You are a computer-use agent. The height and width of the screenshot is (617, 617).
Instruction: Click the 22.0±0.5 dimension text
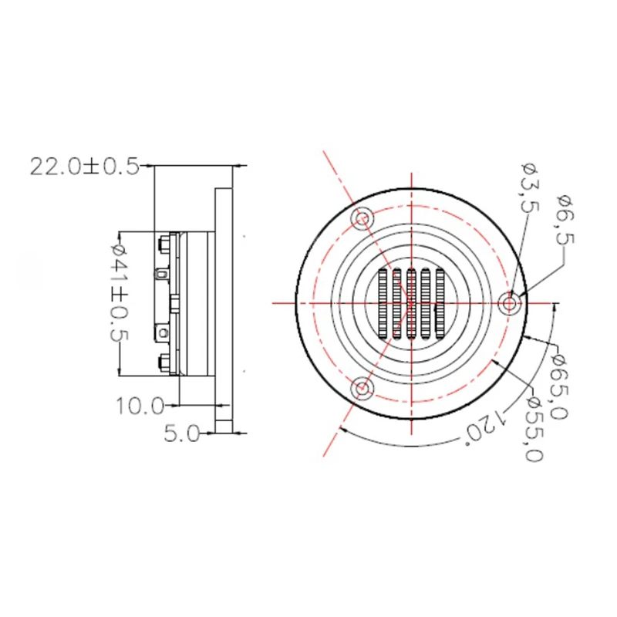84,166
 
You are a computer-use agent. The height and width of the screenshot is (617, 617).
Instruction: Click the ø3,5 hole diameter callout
528,186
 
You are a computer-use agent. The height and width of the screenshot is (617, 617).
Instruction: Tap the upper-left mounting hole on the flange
361,218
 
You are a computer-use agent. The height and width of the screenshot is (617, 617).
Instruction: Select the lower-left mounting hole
361,388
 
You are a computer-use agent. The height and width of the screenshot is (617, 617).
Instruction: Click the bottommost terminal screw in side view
164,361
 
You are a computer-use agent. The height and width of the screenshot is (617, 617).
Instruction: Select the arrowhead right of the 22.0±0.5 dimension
242,165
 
